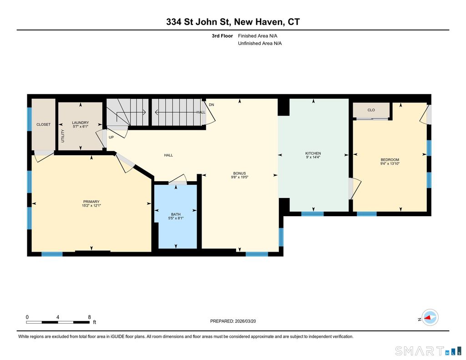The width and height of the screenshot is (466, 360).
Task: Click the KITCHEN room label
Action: click(x=313, y=153)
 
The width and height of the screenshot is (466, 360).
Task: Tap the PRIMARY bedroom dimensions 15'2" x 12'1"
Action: click(x=91, y=205)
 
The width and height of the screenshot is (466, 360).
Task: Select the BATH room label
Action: click(x=176, y=214)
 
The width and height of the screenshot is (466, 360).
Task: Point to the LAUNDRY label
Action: click(x=80, y=122)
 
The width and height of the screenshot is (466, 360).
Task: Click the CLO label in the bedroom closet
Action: click(x=371, y=110)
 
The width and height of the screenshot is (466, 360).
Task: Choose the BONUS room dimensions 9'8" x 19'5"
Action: click(x=239, y=177)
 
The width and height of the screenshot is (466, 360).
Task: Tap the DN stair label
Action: click(x=211, y=105)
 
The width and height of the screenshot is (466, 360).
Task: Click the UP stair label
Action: click(x=111, y=137)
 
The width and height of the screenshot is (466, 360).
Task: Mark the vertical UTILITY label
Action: click(x=63, y=136)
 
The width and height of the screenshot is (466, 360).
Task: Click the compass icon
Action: click(x=430, y=318)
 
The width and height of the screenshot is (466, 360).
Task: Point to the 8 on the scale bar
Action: click(x=89, y=317)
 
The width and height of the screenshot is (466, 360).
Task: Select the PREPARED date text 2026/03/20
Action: click(x=245, y=321)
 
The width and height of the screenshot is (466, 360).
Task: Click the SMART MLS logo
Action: click(x=428, y=351)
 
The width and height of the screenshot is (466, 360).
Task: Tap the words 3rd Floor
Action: click(x=222, y=35)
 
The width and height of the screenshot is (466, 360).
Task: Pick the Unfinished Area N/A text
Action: click(x=260, y=43)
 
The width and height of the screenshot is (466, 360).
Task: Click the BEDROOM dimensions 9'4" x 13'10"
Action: click(x=390, y=163)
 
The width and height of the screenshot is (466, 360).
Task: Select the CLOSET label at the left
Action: click(x=43, y=125)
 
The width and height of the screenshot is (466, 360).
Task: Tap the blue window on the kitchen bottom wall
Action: click(x=312, y=214)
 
